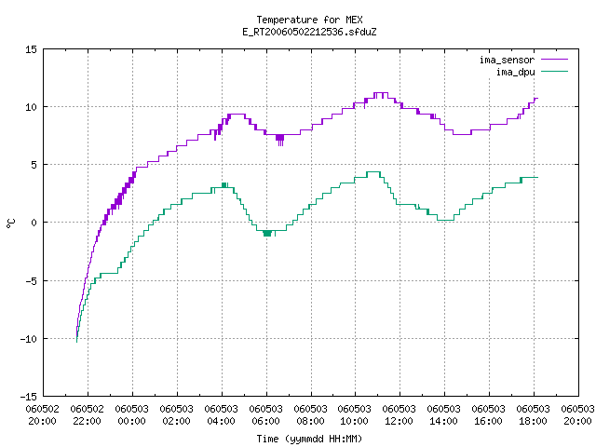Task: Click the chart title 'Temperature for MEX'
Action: [x=309, y=20]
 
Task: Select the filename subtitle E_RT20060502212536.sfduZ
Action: [x=309, y=32]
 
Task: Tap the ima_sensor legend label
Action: [x=507, y=60]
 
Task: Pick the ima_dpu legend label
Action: [x=515, y=72]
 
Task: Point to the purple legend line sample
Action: [x=555, y=60]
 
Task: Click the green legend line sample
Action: [x=555, y=72]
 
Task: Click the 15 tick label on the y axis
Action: [x=31, y=49]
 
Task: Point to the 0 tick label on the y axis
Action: [x=34, y=223]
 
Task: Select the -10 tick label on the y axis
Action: [x=28, y=339]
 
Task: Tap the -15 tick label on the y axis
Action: [x=28, y=397]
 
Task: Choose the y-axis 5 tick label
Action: [x=34, y=165]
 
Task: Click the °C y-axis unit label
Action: [x=10, y=223]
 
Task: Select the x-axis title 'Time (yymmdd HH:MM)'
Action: [x=309, y=439]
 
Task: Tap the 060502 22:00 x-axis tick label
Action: [x=87, y=415]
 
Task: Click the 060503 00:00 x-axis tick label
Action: [x=132, y=415]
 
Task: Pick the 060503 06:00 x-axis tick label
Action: [x=265, y=415]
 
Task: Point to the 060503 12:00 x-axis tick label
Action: [x=400, y=415]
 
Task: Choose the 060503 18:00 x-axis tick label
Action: [x=533, y=415]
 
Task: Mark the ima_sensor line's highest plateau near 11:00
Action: [x=381, y=93]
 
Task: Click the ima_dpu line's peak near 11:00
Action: [x=373, y=172]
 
